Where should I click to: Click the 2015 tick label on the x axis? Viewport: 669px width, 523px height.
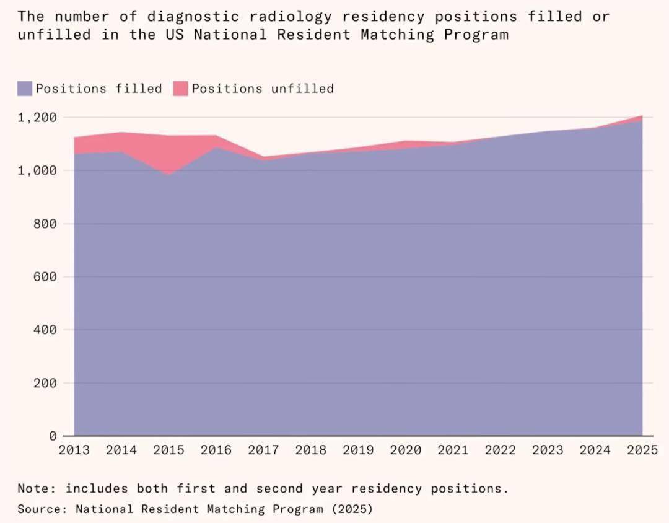click(168, 450)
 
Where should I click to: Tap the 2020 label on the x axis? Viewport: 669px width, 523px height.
click(405, 450)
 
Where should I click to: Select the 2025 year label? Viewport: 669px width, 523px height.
click(641, 450)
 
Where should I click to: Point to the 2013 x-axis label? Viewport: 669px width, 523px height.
click(74, 450)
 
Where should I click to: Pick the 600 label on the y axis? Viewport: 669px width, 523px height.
click(45, 277)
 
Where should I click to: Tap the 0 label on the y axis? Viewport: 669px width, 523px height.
click(53, 436)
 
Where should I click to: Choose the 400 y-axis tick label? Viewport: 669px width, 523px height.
click(45, 330)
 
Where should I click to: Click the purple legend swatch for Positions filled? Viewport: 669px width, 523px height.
click(25, 89)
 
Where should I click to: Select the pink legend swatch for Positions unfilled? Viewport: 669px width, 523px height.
click(180, 89)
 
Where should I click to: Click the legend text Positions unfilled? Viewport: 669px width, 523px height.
click(263, 89)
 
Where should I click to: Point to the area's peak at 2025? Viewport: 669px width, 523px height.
click(641, 116)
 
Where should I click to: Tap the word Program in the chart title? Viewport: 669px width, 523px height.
click(476, 34)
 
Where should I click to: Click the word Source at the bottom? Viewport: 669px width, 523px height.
click(41, 509)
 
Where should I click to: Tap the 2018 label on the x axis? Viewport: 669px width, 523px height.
click(310, 450)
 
